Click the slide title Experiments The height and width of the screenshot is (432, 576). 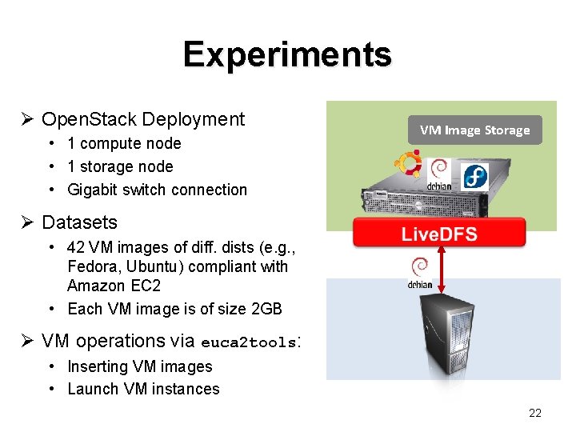(287, 54)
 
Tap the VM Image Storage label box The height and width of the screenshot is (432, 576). (474, 130)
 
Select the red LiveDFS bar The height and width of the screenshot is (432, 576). (439, 233)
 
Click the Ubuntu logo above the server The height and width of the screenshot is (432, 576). (409, 163)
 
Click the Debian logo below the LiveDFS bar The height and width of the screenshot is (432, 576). (420, 272)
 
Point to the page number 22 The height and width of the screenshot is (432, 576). (535, 413)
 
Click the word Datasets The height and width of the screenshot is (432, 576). (79, 222)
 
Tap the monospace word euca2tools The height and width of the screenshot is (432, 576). (248, 342)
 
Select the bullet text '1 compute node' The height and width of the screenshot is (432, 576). (124, 144)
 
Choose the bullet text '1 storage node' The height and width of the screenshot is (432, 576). (120, 166)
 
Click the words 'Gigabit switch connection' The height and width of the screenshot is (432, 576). (157, 190)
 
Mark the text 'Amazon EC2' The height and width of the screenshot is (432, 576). (108, 286)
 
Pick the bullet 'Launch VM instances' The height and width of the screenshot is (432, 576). (143, 390)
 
